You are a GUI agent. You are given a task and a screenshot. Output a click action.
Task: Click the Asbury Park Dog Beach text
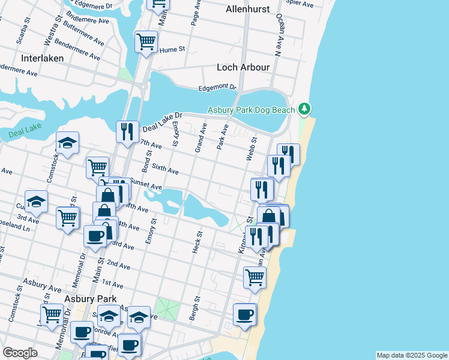pos(252,110)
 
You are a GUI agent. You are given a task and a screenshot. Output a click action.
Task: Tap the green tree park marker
pos(305,109)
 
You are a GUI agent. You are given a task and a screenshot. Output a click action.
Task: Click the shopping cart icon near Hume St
pos(146,42)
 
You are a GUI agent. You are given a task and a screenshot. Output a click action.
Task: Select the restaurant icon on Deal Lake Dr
pos(127,131)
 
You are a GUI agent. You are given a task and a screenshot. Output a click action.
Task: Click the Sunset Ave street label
pos(146,184)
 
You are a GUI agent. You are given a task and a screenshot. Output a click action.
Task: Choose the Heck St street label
pos(196,241)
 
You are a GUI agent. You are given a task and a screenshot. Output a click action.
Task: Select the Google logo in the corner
pos(20,353)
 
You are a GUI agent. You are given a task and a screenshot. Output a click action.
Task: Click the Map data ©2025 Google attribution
pos(411,355)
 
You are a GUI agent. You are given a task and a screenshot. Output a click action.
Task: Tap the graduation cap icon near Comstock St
pos(67,143)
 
